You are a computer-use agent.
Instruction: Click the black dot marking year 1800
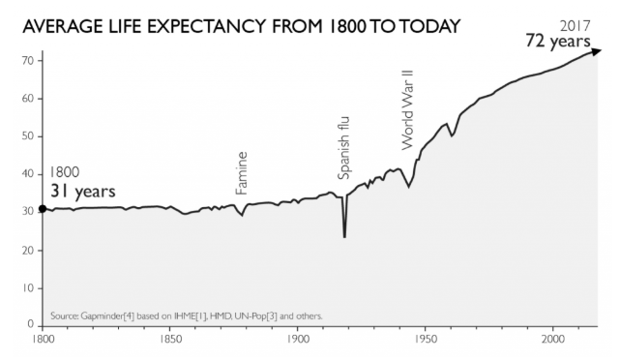pos(43,209)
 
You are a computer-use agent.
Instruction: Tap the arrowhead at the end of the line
pos(596,51)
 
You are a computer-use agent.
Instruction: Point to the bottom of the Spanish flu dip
pos(344,237)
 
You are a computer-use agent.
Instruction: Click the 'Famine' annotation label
pos(241,173)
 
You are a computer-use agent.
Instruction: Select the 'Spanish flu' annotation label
pos(344,148)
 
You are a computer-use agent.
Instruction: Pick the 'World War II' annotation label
pos(407,110)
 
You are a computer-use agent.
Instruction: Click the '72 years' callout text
pos(558,41)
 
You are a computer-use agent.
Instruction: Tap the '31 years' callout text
pos(83,191)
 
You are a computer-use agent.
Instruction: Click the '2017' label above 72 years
pos(576,26)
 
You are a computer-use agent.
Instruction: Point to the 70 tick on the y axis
pos(28,61)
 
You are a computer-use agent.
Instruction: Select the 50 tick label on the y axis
pos(28,136)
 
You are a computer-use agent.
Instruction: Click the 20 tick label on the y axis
pos(28,251)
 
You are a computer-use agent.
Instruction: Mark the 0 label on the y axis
pos(31,324)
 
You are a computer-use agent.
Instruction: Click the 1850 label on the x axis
pos(170,340)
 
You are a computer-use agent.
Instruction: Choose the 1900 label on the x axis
pos(298,340)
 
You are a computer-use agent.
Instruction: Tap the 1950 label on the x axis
pos(426,340)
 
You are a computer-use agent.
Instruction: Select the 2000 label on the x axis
pos(553,340)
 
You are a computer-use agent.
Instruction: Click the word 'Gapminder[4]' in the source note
pos(108,316)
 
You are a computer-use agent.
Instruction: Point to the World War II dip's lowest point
pos(408,187)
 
